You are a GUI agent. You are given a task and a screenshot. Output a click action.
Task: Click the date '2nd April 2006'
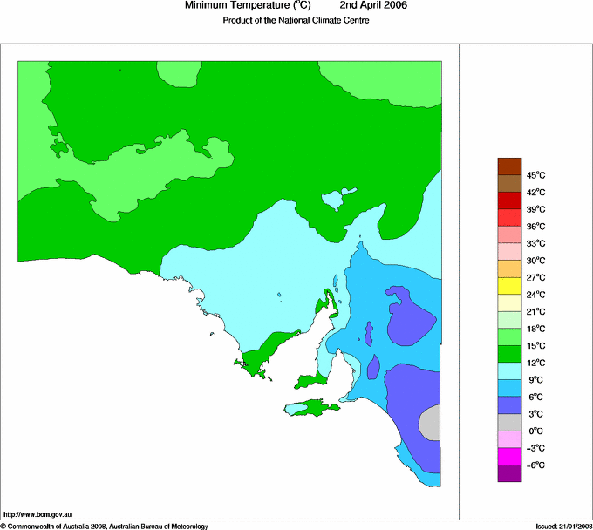pos(372,6)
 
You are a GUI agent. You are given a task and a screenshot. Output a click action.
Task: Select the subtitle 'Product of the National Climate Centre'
pos(296,21)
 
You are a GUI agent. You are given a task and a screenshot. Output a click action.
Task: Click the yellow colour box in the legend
pos(509,286)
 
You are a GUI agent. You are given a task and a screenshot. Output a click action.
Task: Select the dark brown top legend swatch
pos(509,166)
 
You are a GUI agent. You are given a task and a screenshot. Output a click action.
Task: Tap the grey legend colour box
pos(509,422)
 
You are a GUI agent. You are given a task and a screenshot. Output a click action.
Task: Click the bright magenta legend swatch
pos(509,456)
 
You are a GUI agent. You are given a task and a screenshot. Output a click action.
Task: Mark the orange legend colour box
pos(509,268)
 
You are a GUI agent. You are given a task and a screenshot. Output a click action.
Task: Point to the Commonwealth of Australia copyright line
pos(105,526)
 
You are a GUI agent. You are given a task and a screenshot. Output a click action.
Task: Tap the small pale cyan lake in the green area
pos(333,202)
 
